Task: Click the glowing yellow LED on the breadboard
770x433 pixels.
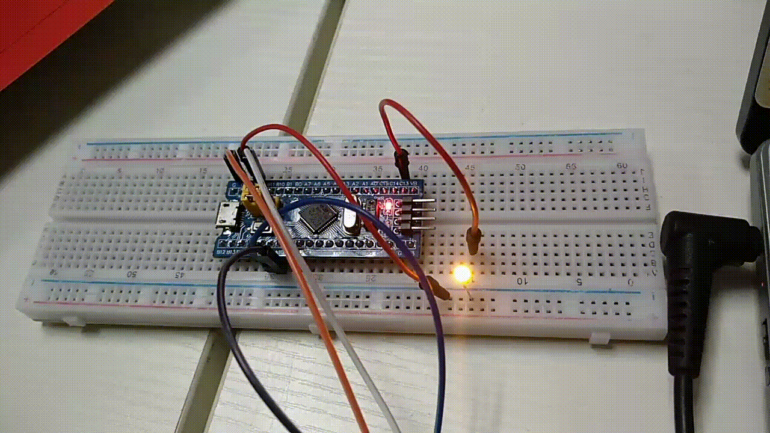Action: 462,274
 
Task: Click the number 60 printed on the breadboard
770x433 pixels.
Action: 623,165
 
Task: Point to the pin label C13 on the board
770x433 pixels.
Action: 404,183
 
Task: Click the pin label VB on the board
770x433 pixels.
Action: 413,183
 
